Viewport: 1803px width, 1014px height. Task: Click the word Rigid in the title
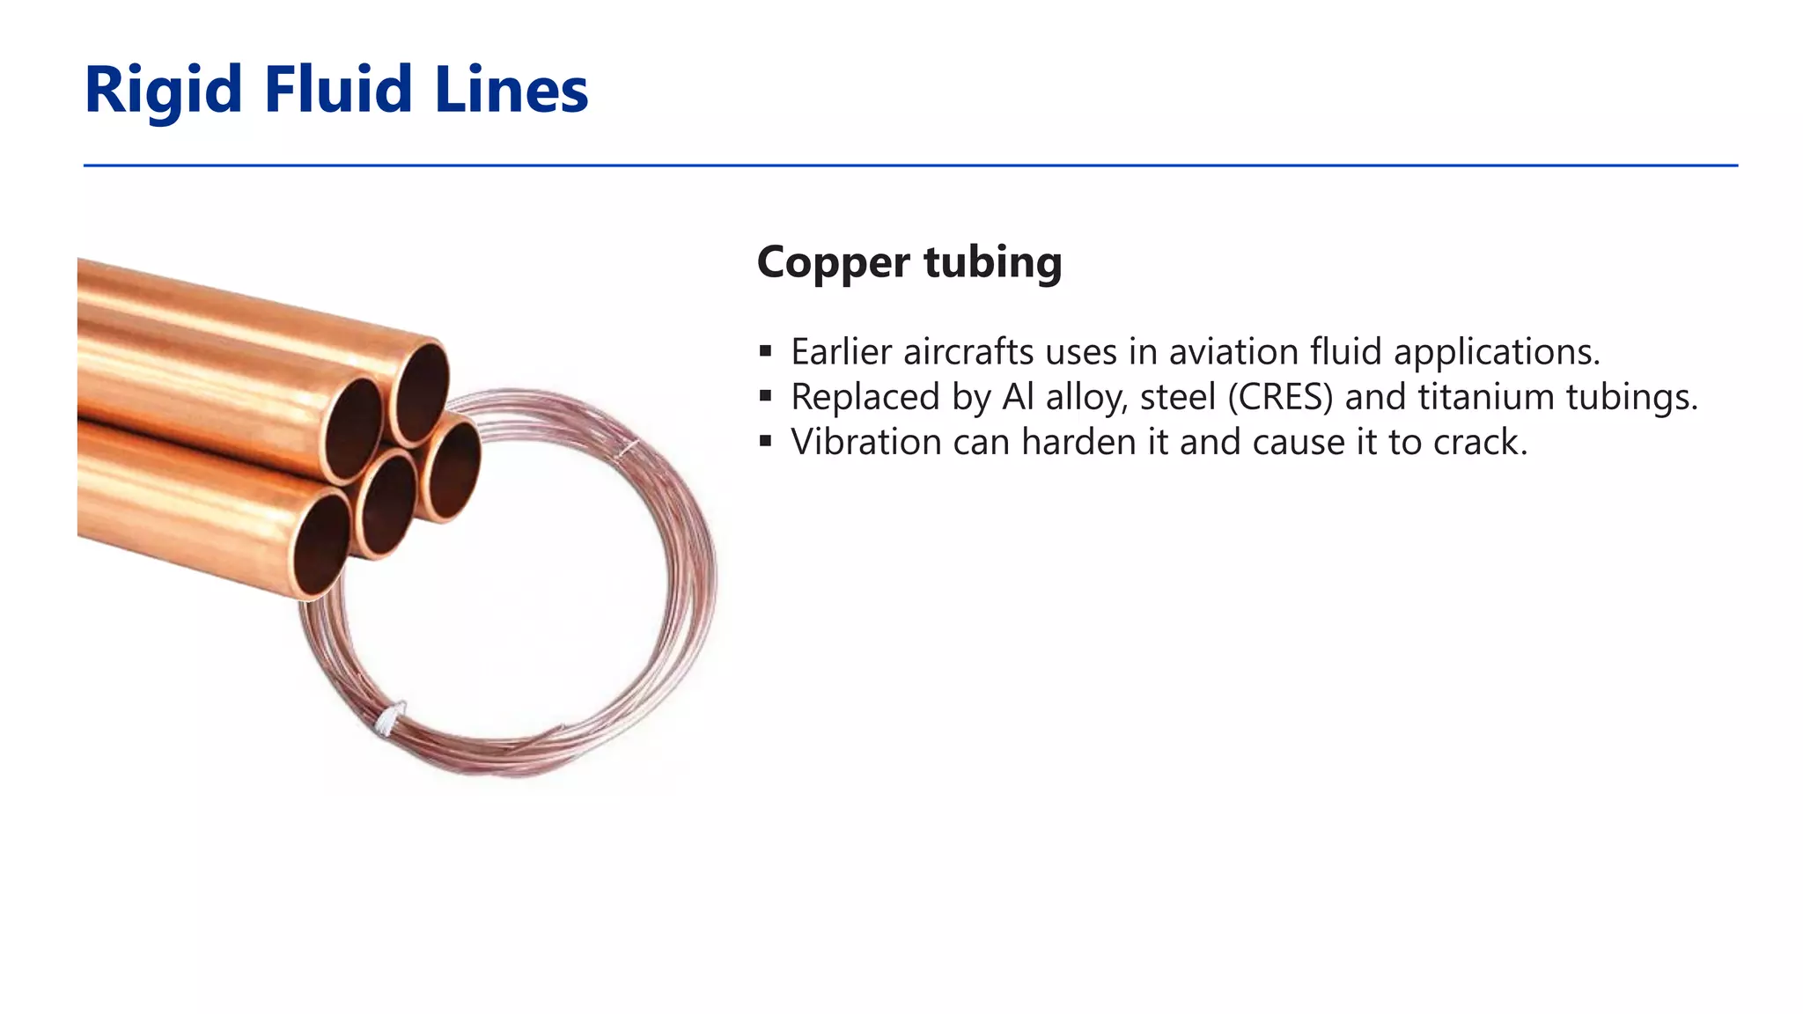[x=163, y=91]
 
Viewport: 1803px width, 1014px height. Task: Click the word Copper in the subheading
[x=833, y=262]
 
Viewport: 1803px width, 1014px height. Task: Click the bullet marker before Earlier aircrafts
[x=765, y=352]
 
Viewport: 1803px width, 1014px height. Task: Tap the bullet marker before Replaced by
[x=765, y=397]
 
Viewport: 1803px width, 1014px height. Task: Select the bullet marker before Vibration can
[x=765, y=442]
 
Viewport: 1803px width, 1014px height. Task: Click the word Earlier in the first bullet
[x=841, y=352]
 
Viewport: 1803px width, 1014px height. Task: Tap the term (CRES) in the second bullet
[x=1281, y=397]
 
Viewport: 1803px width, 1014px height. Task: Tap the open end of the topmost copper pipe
[x=421, y=392]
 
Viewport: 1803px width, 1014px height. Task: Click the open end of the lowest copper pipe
[x=321, y=545]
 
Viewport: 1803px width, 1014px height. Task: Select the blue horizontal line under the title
[x=910, y=165]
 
